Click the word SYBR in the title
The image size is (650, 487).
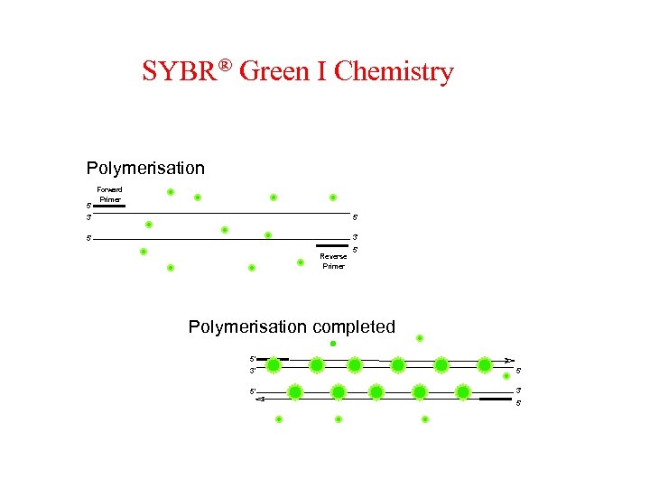pos(181,71)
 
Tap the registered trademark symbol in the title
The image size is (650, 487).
pos(227,65)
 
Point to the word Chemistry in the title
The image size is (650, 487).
pos(394,72)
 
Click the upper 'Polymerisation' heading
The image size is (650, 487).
pos(145,169)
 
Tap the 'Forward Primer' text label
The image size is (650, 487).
pos(109,194)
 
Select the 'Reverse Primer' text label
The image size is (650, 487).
pos(334,261)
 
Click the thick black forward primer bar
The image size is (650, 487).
pos(108,207)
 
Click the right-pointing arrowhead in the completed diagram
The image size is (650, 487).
pos(509,359)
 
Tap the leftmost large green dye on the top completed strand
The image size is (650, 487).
pos(274,365)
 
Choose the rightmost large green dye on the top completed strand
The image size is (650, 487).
pos(484,365)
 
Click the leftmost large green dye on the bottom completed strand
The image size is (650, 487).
pos(294,392)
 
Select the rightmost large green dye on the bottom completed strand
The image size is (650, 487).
pos(463,392)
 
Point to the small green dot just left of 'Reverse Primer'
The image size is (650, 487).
pos(301,262)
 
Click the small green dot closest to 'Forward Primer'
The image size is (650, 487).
pos(171,192)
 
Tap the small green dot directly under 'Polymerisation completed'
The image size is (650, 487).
pos(333,344)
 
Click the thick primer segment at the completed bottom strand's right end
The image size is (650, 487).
pos(494,398)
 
